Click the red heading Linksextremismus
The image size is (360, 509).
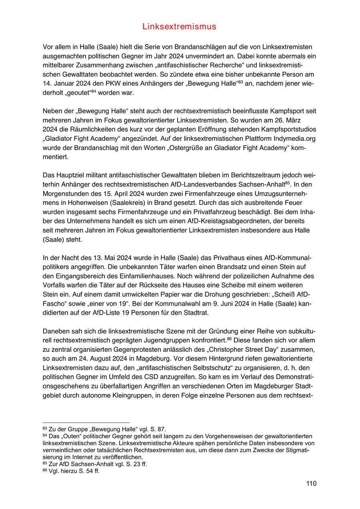tap(179, 27)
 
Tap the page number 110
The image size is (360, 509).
tap(311, 483)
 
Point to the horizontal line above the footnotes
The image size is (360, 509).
tap(86, 422)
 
